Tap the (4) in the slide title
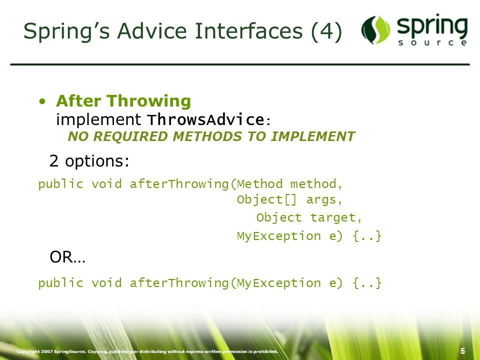[x=326, y=31]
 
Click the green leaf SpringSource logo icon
[x=375, y=29]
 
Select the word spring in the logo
[x=432, y=26]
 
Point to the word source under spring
[x=432, y=42]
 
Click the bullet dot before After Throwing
[x=42, y=101]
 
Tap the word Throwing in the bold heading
[x=149, y=101]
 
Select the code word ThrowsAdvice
[x=205, y=119]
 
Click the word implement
[x=98, y=119]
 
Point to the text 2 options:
[x=89, y=160]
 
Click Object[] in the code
[x=267, y=199]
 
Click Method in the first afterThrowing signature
[x=260, y=184]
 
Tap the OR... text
[x=67, y=257]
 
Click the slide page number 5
[x=462, y=351]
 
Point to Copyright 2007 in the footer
[x=34, y=351]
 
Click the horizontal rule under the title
[x=240, y=64]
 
